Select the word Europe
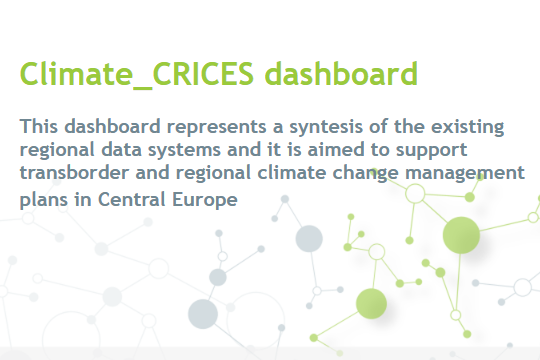pos(192,199)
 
